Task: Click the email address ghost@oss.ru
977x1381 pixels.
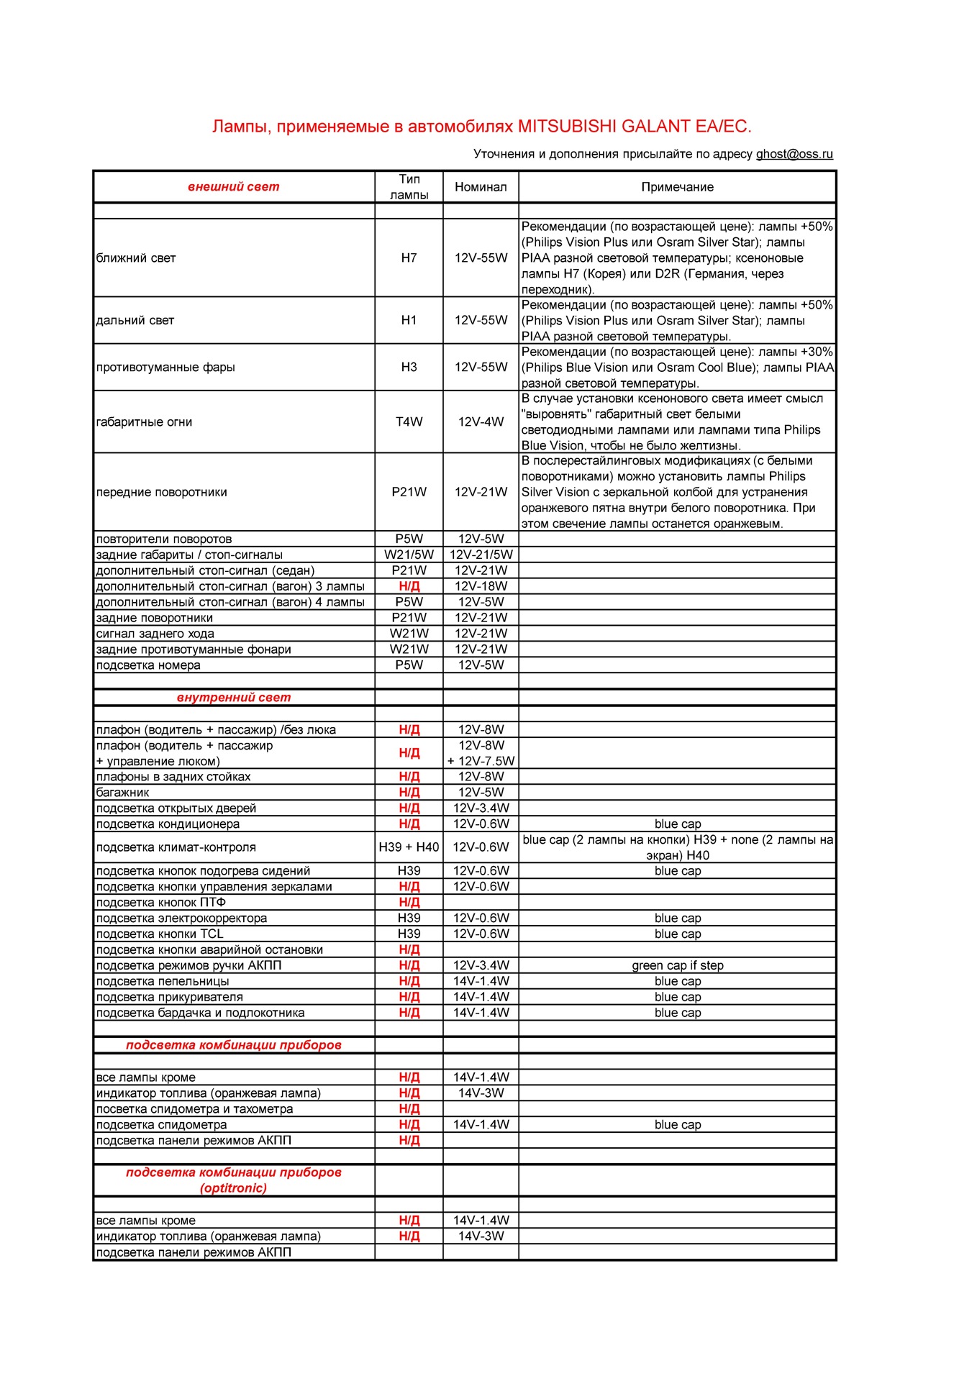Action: coord(794,154)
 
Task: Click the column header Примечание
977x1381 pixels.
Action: coord(677,187)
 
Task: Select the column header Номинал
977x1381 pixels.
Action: coord(481,187)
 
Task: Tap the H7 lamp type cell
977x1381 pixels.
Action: coord(409,258)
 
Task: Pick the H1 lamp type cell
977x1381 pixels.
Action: coord(409,321)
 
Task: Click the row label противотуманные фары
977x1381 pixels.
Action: coord(165,368)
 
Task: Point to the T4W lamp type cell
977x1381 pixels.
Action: coord(409,422)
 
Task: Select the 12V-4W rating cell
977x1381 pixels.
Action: coord(481,422)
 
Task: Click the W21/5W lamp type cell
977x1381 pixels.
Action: coord(409,555)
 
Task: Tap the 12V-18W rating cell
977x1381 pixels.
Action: coord(481,586)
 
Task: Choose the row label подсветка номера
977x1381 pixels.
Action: coord(148,665)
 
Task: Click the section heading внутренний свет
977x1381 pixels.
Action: coord(234,698)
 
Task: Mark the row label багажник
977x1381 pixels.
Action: coord(123,793)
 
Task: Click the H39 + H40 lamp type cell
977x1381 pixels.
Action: coord(409,847)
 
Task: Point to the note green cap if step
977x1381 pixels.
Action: coord(677,965)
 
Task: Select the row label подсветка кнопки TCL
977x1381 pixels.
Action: coord(160,934)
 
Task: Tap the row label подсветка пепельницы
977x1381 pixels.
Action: coord(163,981)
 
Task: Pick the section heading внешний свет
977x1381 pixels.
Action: coord(234,187)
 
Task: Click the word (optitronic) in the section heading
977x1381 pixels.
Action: coord(234,1188)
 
